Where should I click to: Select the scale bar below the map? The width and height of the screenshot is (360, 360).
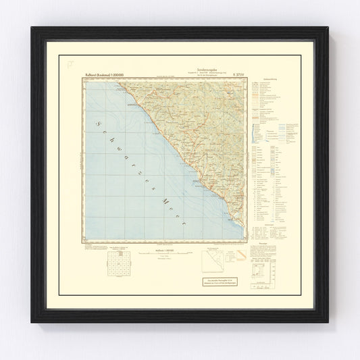(x=160, y=257)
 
